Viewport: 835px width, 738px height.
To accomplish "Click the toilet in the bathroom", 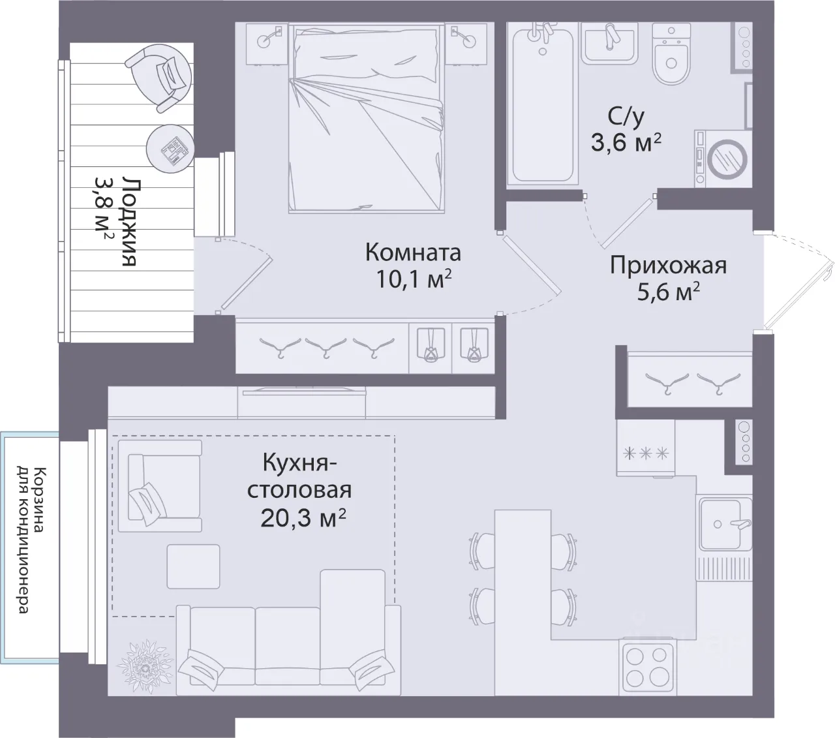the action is (x=671, y=53).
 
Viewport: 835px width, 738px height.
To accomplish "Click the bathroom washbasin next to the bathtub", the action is (x=609, y=42).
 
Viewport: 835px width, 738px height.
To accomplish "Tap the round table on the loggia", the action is (x=170, y=149).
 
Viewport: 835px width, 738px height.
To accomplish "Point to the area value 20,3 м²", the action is (x=303, y=518).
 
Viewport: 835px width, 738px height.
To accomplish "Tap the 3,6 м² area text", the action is (x=626, y=142).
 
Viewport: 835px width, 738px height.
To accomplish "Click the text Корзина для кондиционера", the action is (x=31, y=540).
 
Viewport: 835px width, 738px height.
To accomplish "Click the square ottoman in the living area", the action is (x=193, y=566).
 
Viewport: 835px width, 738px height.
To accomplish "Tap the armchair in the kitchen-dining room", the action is (x=160, y=485).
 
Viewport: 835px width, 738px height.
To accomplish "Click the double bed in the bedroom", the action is (x=367, y=118).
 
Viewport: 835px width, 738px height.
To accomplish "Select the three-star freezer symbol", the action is (x=645, y=454).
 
